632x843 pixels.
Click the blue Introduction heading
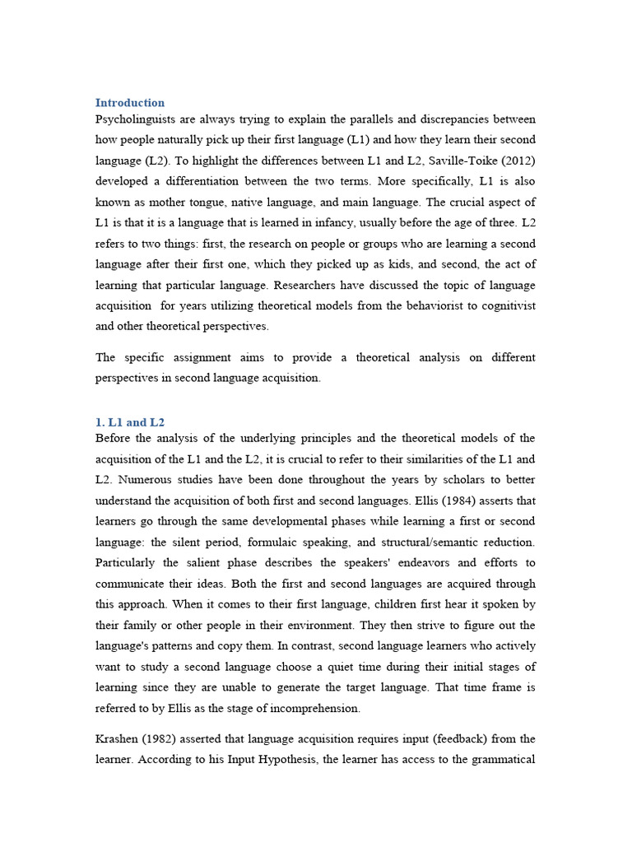[x=130, y=103]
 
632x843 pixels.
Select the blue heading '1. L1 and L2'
[x=130, y=422]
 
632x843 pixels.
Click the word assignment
[x=214, y=357]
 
